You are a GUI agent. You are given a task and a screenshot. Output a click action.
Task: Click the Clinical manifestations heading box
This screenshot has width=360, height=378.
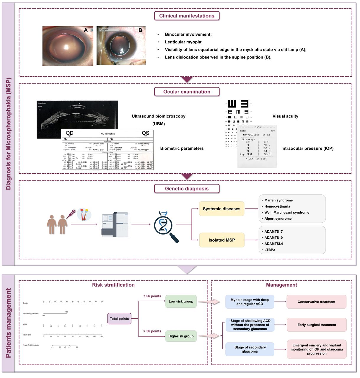pyautogui.click(x=187, y=16)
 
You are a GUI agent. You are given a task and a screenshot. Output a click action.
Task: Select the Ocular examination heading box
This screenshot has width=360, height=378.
pyautogui.click(x=187, y=92)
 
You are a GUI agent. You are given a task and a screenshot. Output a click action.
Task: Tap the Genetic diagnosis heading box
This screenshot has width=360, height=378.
pyautogui.click(x=187, y=189)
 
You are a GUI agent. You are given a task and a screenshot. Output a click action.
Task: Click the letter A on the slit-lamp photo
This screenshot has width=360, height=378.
pyautogui.click(x=86, y=30)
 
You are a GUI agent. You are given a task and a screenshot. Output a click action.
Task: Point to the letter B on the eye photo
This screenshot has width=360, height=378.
pyautogui.click(x=140, y=30)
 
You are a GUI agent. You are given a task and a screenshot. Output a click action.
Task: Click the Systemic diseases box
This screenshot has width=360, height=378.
pyautogui.click(x=221, y=209)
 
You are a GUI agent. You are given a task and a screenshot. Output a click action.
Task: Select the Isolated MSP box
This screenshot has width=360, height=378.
pyautogui.click(x=221, y=240)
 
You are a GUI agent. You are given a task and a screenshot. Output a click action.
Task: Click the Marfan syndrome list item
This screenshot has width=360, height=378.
pyautogui.click(x=278, y=200)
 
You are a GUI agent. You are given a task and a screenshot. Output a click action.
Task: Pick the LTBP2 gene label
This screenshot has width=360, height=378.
pyautogui.click(x=270, y=250)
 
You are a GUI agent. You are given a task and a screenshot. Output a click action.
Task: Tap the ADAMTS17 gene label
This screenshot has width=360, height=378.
pyautogui.click(x=273, y=232)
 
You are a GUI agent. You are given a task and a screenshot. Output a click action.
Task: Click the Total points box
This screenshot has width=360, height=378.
pyautogui.click(x=119, y=319)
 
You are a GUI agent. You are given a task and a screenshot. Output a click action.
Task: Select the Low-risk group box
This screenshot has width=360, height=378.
pyautogui.click(x=181, y=302)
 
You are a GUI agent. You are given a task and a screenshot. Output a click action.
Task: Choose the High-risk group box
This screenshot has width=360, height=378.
pyautogui.click(x=181, y=336)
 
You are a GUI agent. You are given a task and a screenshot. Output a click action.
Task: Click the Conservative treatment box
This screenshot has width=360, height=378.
pyautogui.click(x=316, y=302)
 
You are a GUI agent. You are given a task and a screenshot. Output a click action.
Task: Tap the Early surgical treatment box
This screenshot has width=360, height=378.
pyautogui.click(x=317, y=325)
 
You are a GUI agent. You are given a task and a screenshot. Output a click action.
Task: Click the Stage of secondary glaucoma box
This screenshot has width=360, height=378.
pyautogui.click(x=250, y=349)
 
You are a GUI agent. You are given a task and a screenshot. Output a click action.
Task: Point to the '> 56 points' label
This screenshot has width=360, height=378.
pyautogui.click(x=152, y=331)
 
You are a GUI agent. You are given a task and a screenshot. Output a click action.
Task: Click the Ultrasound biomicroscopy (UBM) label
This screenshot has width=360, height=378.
pyautogui.click(x=159, y=120)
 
